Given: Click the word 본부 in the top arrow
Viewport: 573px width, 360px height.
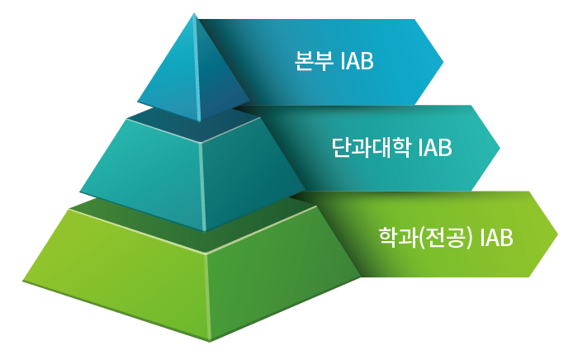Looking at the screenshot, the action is pyautogui.click(x=314, y=60).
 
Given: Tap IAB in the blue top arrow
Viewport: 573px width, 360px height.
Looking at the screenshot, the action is pyautogui.click(x=357, y=61).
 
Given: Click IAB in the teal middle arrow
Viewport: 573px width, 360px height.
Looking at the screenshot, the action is pyautogui.click(x=435, y=148).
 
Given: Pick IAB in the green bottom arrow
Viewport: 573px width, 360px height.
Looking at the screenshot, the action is pyautogui.click(x=496, y=238).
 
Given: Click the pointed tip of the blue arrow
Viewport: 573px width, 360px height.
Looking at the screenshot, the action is pyautogui.click(x=443, y=62).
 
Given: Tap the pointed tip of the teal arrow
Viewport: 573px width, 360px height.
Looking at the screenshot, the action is pyautogui.click(x=500, y=149).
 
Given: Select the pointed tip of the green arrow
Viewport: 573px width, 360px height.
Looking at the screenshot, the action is pyautogui.click(x=557, y=234).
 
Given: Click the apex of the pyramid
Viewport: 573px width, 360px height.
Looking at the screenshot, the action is pyautogui.click(x=194, y=13).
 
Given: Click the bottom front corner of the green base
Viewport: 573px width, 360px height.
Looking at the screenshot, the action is pyautogui.click(x=210, y=342).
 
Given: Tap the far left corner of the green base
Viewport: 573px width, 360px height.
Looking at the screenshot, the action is pyautogui.click(x=23, y=281).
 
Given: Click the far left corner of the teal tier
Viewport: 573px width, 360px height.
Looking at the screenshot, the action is pyautogui.click(x=80, y=192).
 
